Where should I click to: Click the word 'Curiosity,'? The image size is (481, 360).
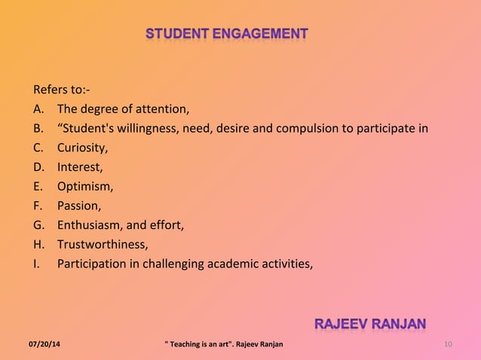83,147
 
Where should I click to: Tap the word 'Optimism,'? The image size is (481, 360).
85,186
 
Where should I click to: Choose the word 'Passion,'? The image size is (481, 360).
78,205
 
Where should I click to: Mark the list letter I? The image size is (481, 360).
35,263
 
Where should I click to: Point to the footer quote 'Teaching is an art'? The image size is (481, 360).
203,345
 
